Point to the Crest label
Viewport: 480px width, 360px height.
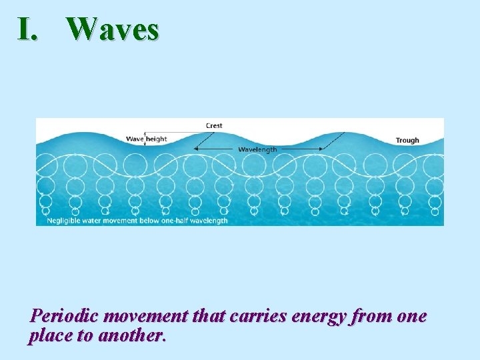214,125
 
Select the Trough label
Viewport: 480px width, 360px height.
407,140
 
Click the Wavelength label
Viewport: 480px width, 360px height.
257,149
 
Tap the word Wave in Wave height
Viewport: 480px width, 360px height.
135,139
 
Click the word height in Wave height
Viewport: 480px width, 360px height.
157,139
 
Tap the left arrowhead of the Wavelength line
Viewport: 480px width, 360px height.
195,149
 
